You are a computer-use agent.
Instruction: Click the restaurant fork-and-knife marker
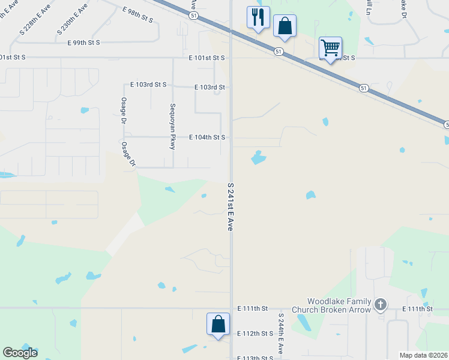[x=258, y=17]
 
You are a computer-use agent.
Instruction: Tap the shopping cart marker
[x=330, y=47]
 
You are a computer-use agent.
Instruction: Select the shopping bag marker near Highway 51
[x=285, y=26]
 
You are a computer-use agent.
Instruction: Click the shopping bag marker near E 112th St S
[x=218, y=325]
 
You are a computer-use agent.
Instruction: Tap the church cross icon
[x=380, y=305]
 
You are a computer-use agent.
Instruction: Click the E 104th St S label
[x=207, y=137]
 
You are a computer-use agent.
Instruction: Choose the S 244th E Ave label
[x=280, y=332]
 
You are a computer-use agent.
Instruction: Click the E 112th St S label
[x=255, y=334]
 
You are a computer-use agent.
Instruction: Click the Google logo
[x=20, y=352]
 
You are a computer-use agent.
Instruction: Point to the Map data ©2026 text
[x=423, y=355]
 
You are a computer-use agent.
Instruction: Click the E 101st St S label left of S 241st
[x=206, y=58]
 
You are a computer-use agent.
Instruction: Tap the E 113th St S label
[x=255, y=358]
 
